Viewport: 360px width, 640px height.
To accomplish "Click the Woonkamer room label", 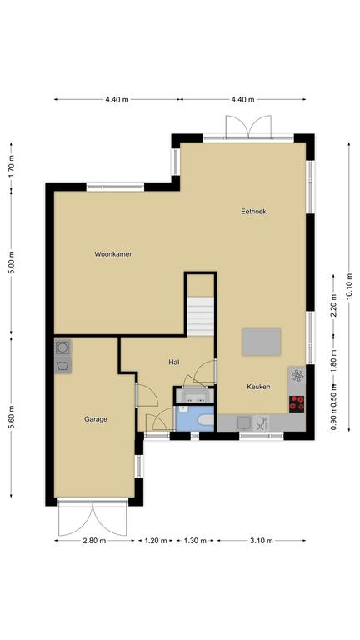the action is tap(113, 254).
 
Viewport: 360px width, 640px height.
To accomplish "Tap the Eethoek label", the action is tap(253, 212).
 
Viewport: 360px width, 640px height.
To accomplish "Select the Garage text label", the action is tap(96, 419).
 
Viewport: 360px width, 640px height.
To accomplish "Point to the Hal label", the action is tap(174, 362).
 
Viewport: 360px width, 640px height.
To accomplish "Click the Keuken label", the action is tap(259, 387).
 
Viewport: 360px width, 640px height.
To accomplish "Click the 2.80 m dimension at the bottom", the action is tap(94, 541).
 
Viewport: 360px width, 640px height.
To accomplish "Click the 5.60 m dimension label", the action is tap(11, 417).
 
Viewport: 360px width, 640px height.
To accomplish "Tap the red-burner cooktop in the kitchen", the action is tap(297, 403).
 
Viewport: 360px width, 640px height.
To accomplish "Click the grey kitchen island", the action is tap(261, 342).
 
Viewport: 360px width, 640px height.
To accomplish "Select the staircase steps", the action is tap(200, 317).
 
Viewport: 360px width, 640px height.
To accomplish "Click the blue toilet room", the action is tap(195, 418).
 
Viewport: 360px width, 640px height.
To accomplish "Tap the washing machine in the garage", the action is tap(62, 347).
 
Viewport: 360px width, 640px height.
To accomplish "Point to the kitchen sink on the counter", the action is tap(244, 422).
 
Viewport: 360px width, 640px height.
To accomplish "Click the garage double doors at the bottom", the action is tap(92, 517).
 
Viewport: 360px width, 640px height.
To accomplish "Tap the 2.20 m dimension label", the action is tap(334, 305).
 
